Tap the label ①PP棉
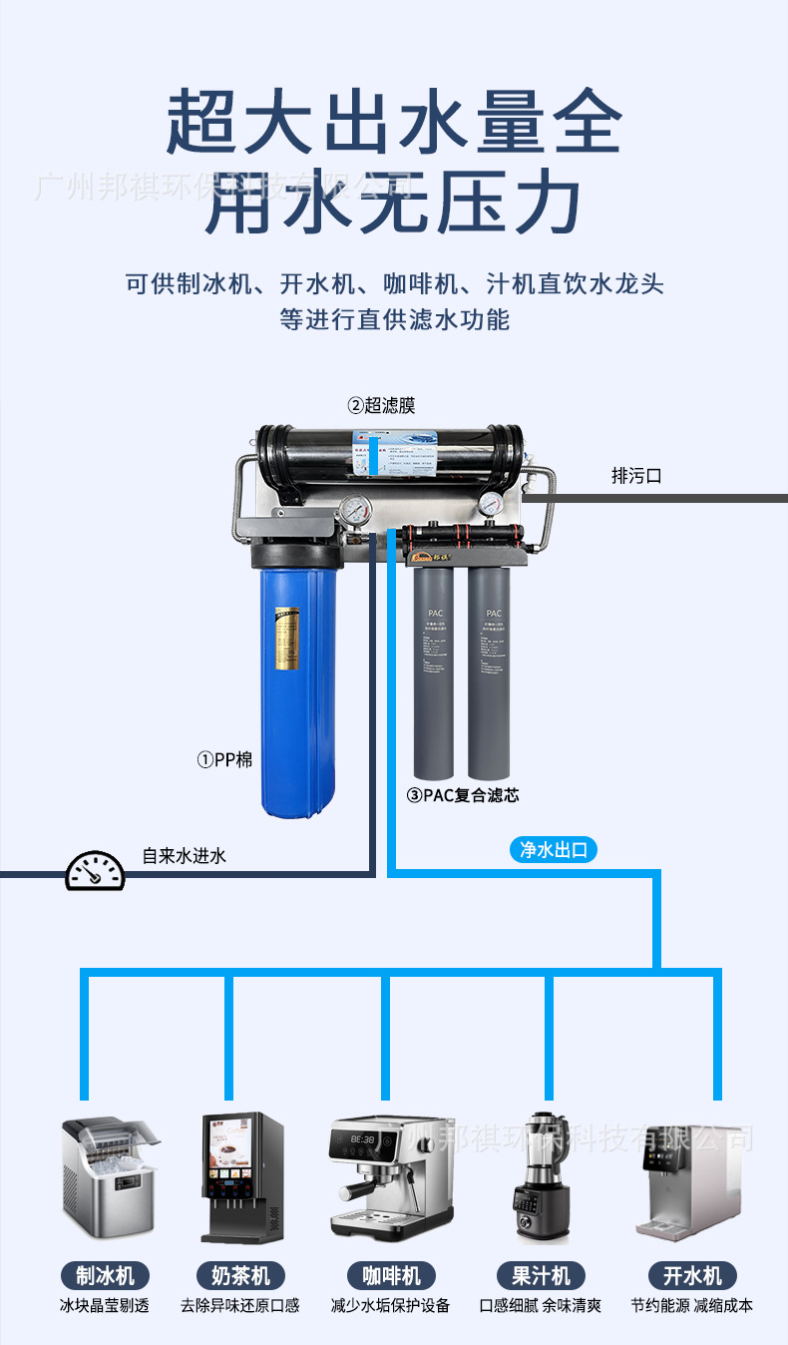click(x=224, y=760)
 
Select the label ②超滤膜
click(x=381, y=405)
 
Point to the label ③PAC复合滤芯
click(x=463, y=795)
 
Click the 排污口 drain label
click(x=636, y=477)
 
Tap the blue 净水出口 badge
click(x=554, y=850)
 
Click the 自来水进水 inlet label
click(x=185, y=855)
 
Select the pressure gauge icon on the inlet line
click(x=96, y=871)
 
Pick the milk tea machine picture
click(x=242, y=1177)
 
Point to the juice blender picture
click(x=543, y=1177)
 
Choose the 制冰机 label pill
click(x=105, y=1275)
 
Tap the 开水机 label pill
click(x=692, y=1275)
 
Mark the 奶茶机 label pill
click(x=240, y=1275)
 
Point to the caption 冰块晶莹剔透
click(x=105, y=1305)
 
